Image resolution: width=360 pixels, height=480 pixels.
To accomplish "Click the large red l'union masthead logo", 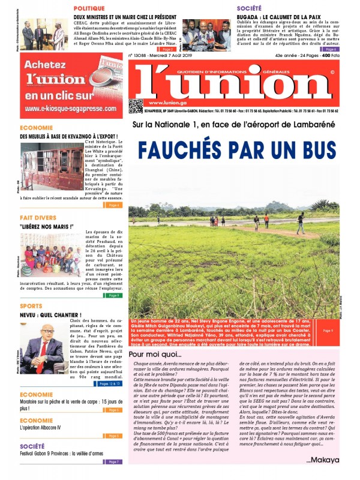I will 231,84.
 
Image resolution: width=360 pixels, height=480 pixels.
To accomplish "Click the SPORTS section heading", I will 31,305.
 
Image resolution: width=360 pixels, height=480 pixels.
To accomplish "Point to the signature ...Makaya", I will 322,460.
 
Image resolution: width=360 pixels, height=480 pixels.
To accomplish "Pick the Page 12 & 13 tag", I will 110,383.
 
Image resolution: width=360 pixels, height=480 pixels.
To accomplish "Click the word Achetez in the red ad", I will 44,65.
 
